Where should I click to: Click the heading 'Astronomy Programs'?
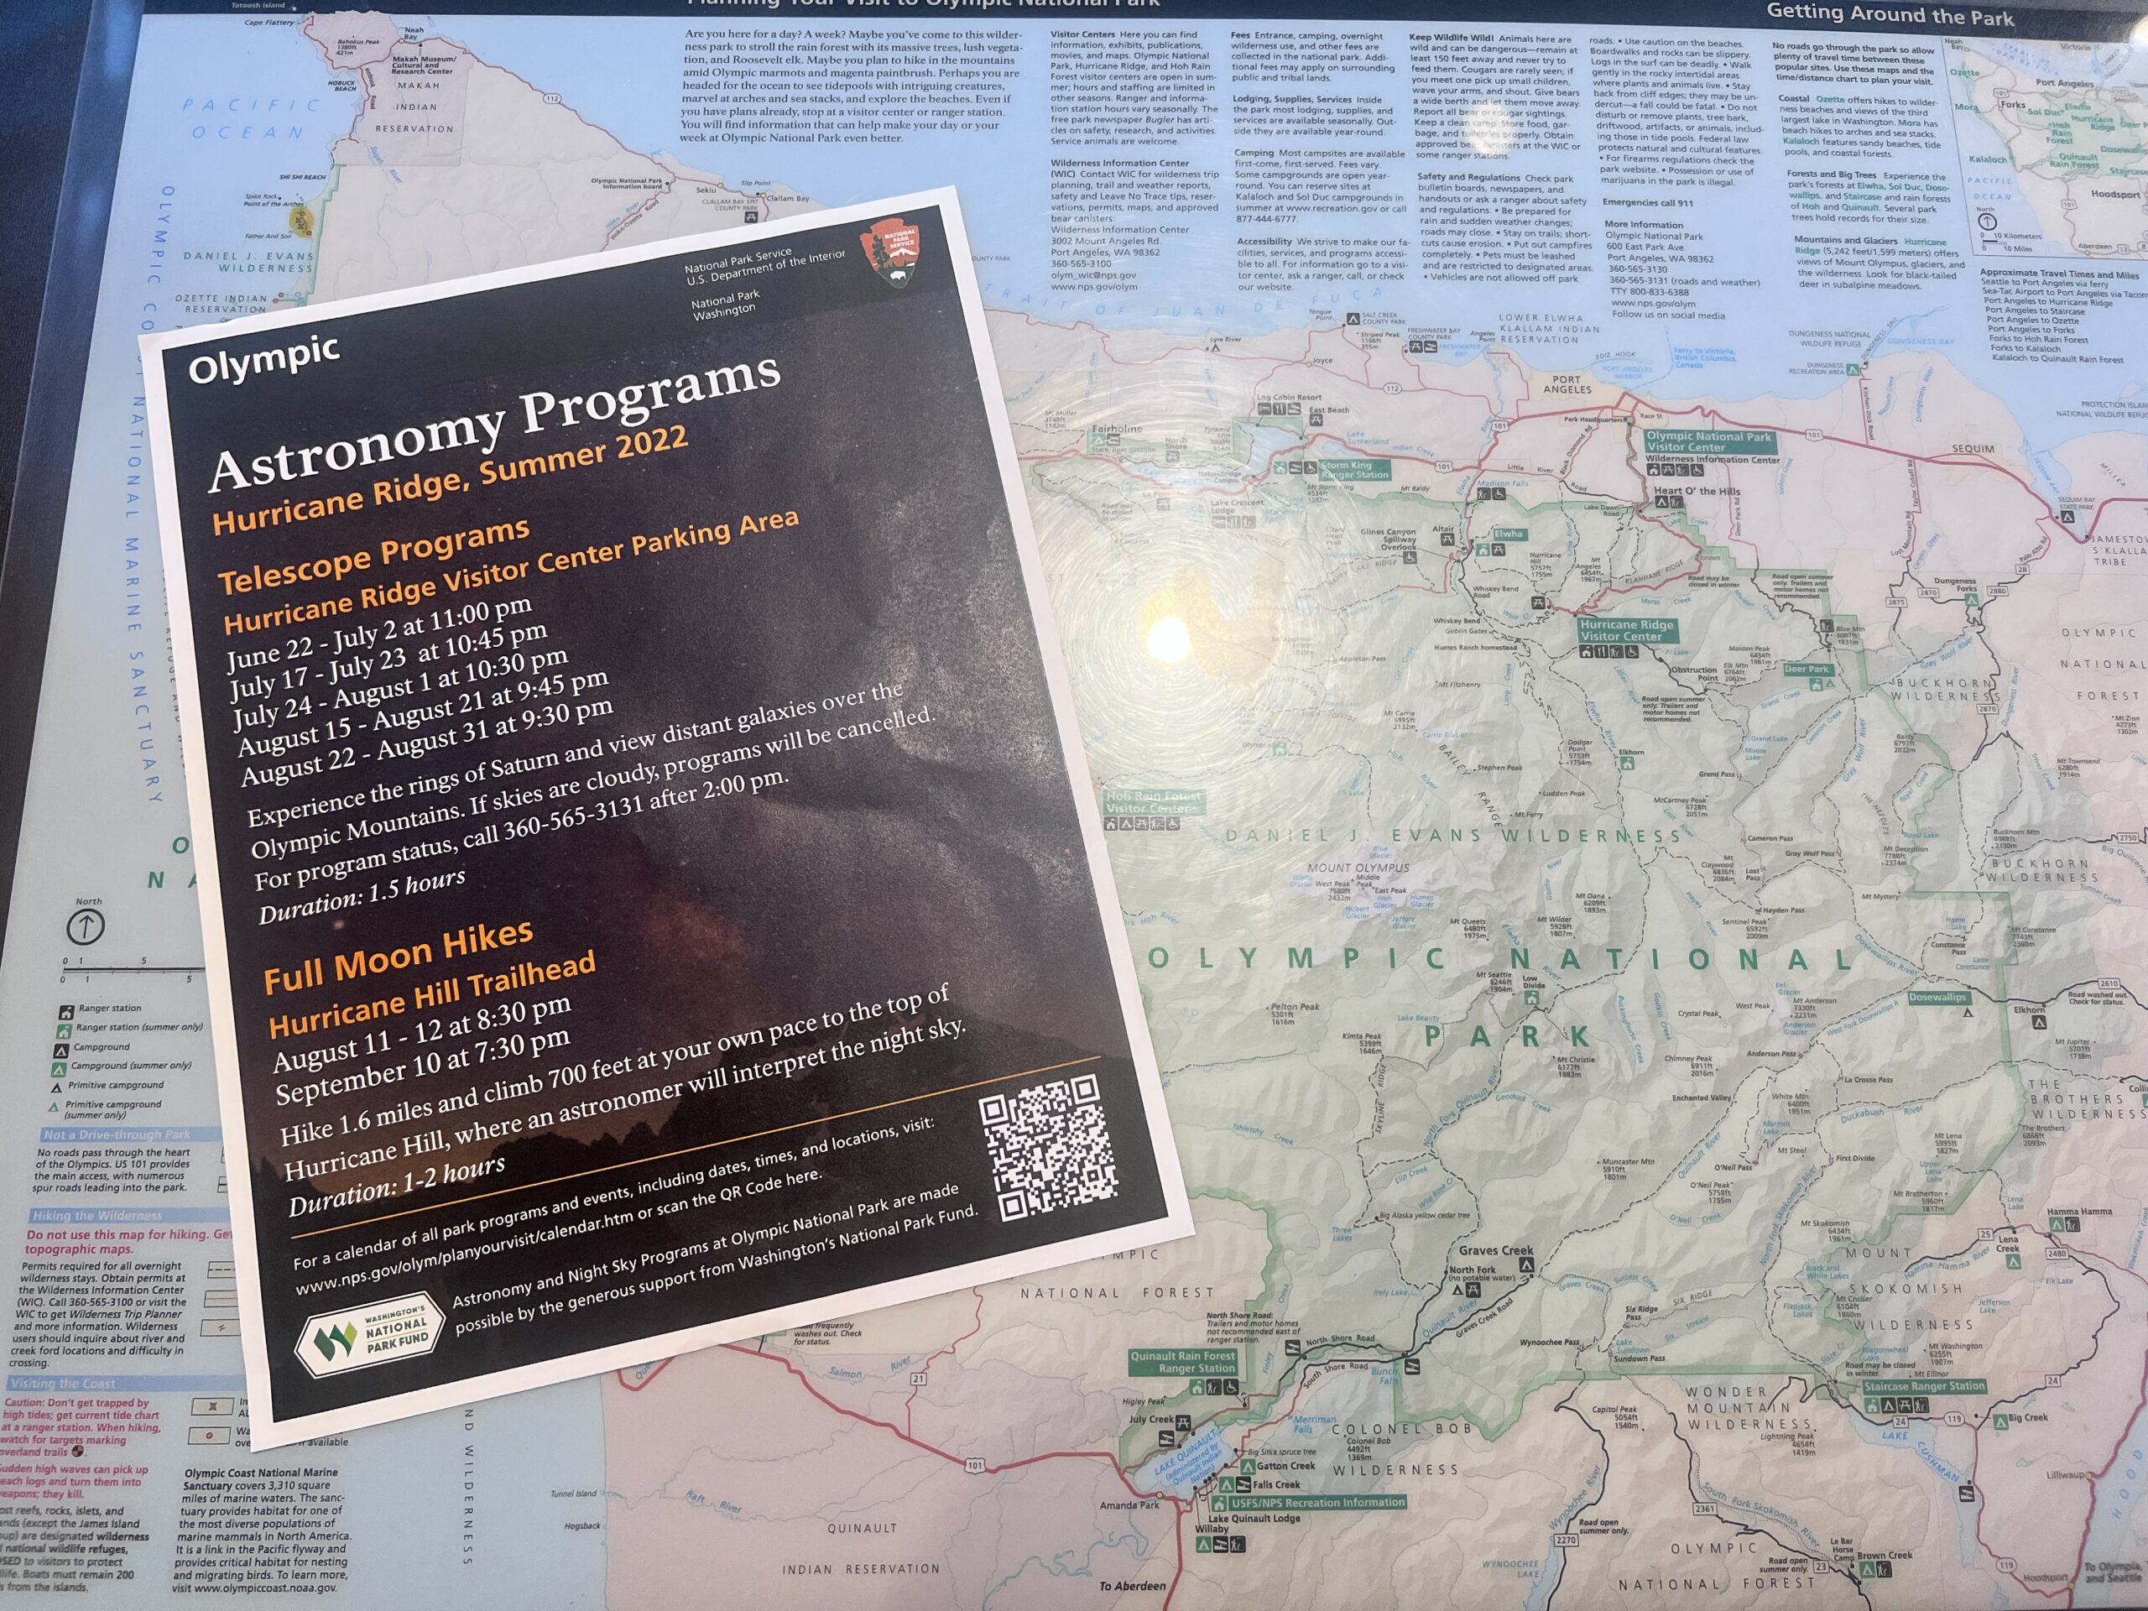[495, 425]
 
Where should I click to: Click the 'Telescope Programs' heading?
[374, 556]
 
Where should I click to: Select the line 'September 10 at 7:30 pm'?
[422, 1066]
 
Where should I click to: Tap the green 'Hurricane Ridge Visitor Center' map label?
[1627, 630]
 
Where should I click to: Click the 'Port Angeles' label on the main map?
[1567, 383]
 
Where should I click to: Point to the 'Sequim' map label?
[1973, 449]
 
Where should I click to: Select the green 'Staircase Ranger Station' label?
[1924, 1386]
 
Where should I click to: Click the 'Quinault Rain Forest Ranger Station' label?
[1183, 1362]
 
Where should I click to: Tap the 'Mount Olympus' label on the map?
[1358, 867]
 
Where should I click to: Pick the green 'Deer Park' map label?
[1807, 669]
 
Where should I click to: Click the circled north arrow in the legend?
[86, 926]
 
